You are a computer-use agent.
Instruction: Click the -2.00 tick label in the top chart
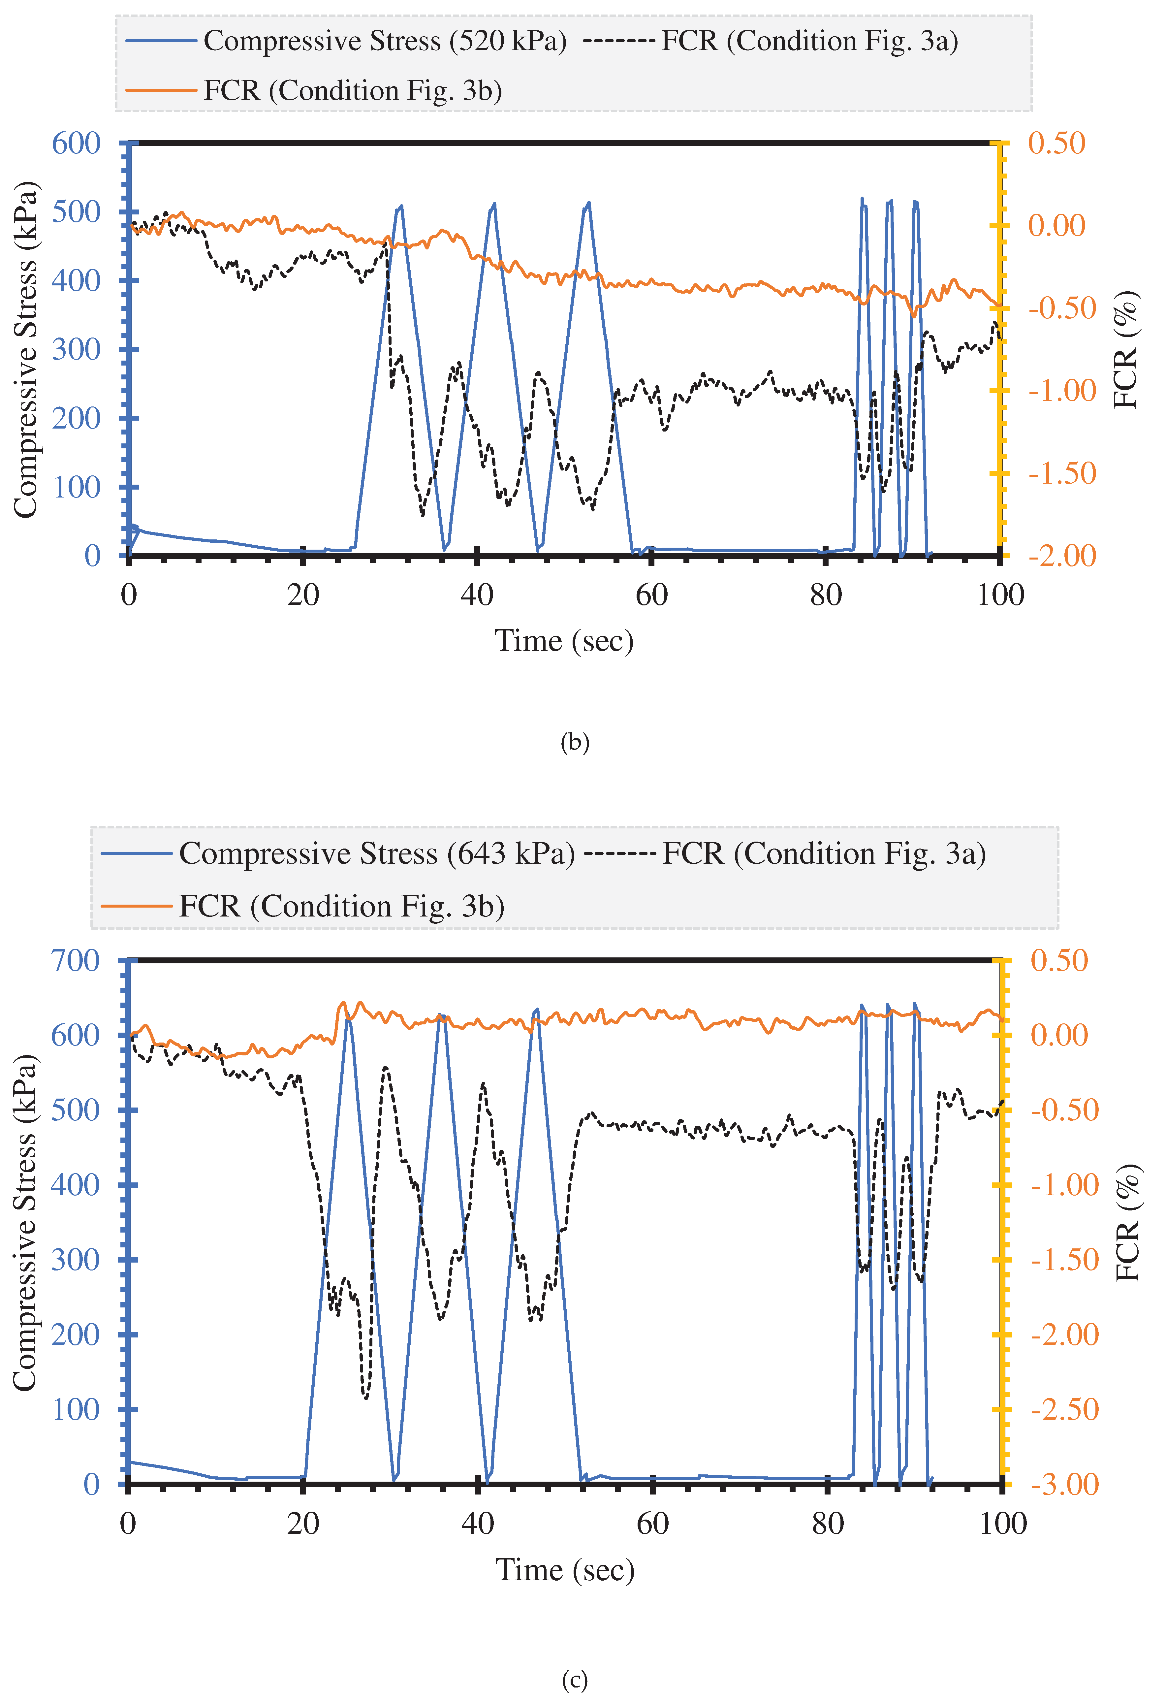(x=1062, y=556)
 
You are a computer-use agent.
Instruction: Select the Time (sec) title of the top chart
(x=564, y=641)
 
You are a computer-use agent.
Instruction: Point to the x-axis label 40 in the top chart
(x=477, y=595)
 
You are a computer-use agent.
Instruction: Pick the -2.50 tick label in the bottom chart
(x=1064, y=1409)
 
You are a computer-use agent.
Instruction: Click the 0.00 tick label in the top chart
(x=1056, y=226)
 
